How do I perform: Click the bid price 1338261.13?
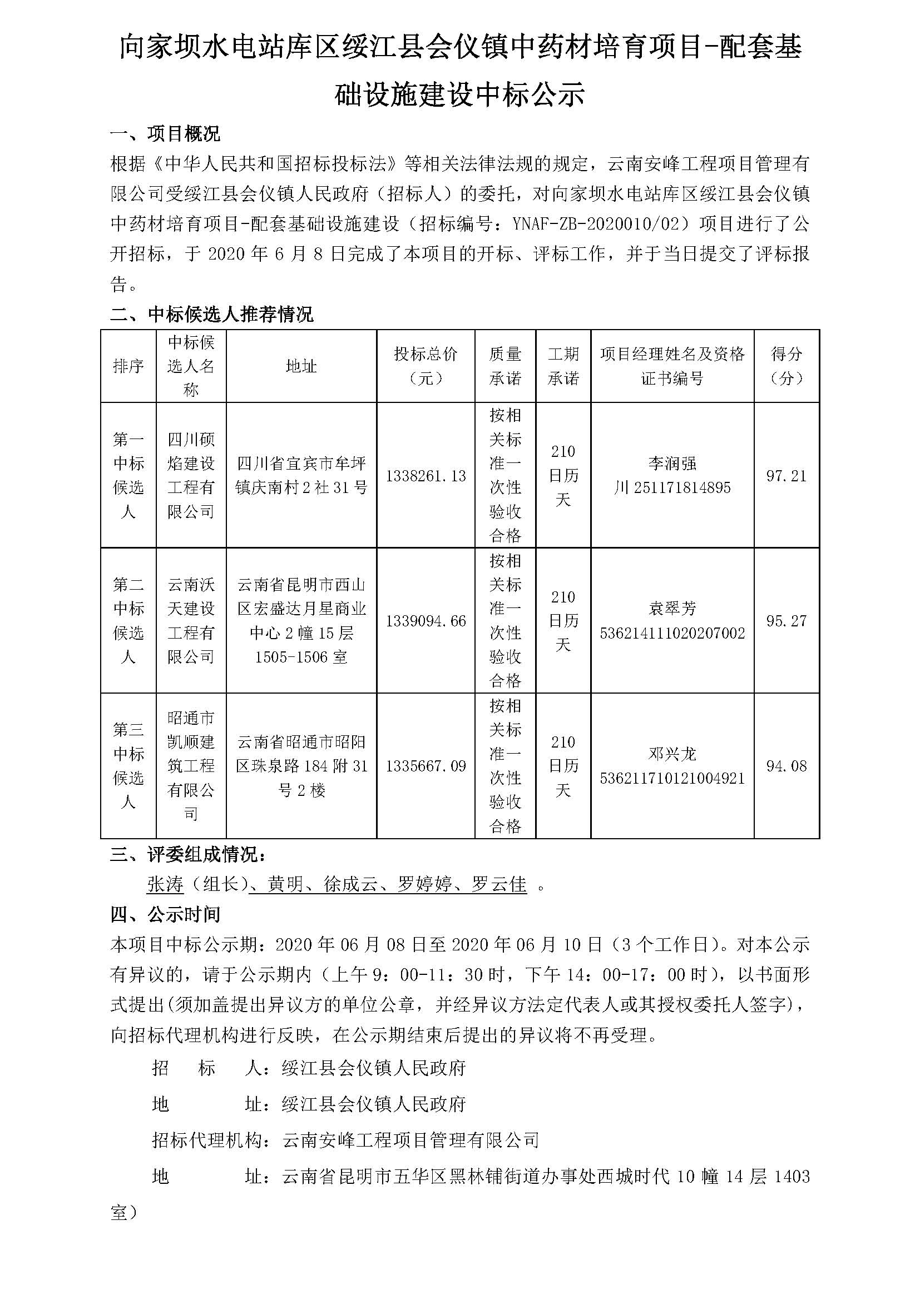(x=426, y=476)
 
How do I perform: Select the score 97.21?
(x=786, y=476)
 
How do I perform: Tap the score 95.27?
(x=786, y=621)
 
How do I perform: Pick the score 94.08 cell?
(x=786, y=766)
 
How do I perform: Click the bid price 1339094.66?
(x=426, y=621)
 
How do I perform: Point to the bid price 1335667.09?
(x=426, y=766)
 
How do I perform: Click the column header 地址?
(x=301, y=366)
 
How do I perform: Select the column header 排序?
(x=128, y=366)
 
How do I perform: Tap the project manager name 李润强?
(x=672, y=464)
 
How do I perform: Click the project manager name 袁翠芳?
(x=672, y=609)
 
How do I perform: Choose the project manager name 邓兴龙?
(x=672, y=754)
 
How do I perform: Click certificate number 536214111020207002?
(x=672, y=633)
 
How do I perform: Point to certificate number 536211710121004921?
(x=672, y=779)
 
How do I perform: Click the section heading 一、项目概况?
(x=165, y=134)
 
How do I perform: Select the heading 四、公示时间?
(x=165, y=914)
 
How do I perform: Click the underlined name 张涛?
(x=165, y=884)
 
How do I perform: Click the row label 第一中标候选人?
(x=128, y=476)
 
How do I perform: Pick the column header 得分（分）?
(x=786, y=366)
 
